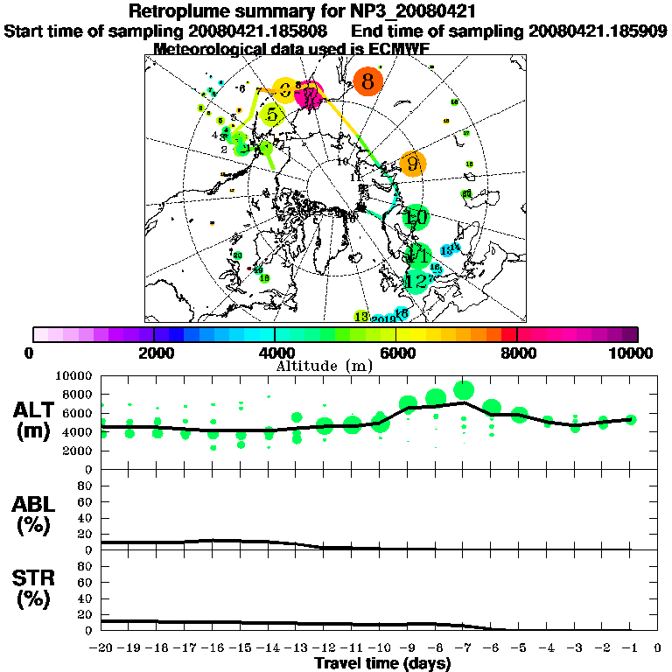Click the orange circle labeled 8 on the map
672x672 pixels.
(368, 82)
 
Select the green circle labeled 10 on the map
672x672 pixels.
(416, 216)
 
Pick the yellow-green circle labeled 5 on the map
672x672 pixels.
(273, 115)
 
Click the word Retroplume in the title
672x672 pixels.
(178, 11)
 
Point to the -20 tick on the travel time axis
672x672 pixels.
(102, 648)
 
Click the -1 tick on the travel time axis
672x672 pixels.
(630, 648)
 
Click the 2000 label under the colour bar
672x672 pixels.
(154, 353)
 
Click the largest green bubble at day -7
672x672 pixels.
(464, 390)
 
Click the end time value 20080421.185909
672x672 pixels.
(598, 31)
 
